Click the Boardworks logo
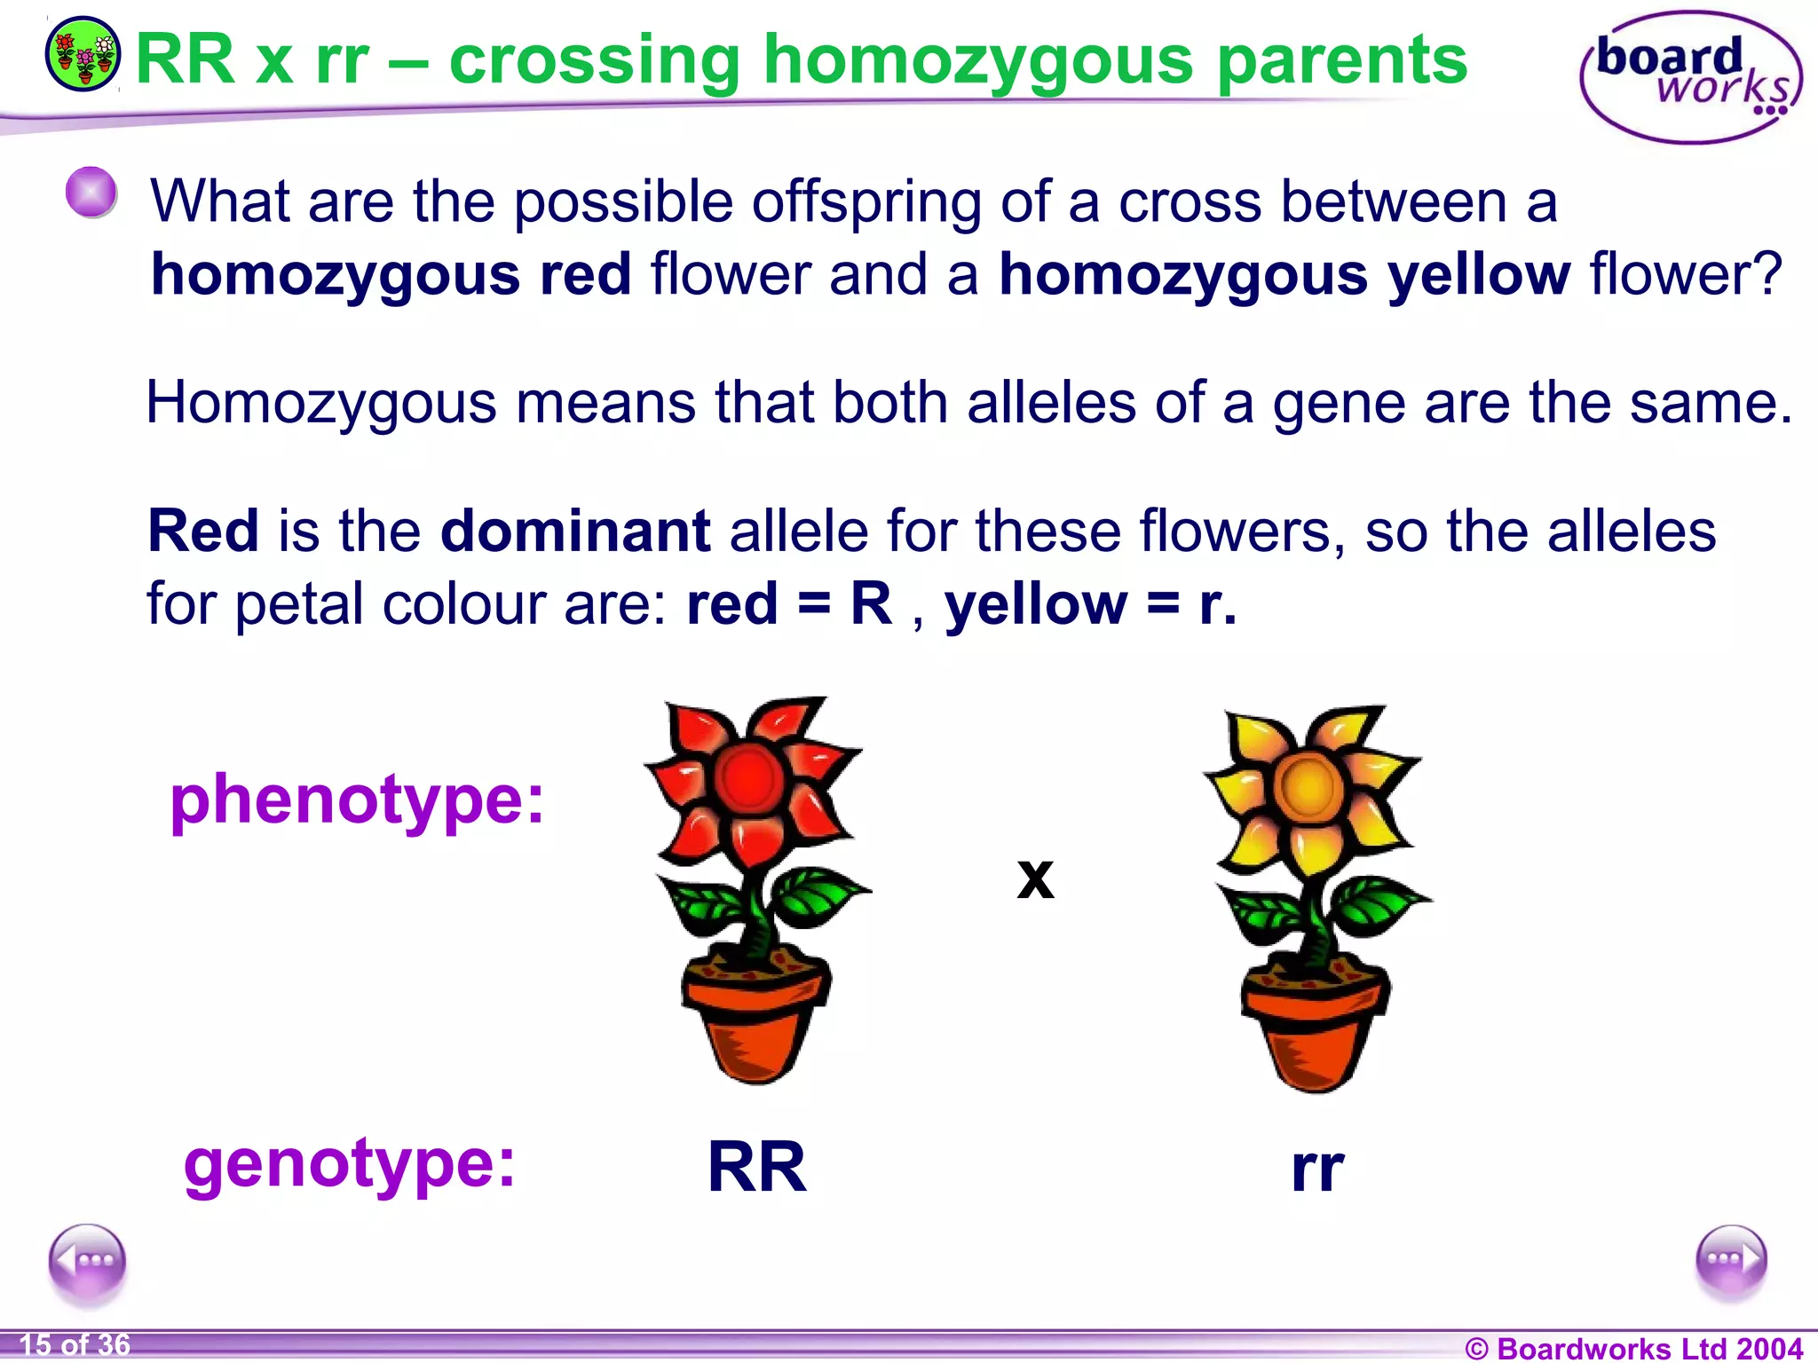tap(1690, 78)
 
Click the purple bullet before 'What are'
tap(91, 192)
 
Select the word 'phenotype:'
tap(357, 801)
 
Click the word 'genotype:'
tap(350, 1164)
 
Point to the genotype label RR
tap(757, 1168)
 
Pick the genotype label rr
tap(1317, 1170)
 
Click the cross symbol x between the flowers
tap(1035, 878)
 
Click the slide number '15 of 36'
tap(75, 1345)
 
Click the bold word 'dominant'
tap(575, 532)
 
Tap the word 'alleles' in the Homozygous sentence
tap(1051, 403)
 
